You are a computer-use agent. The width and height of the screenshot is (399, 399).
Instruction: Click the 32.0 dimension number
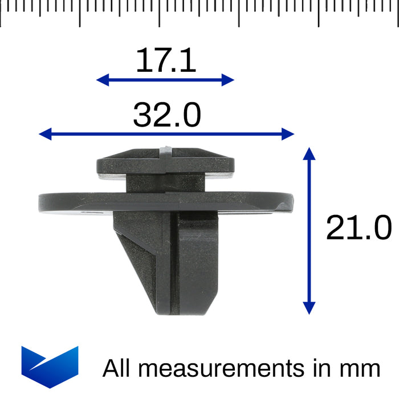(x=166, y=115)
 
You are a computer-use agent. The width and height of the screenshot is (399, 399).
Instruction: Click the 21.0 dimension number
(x=359, y=229)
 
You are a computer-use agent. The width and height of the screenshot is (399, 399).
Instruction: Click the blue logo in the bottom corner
(x=50, y=367)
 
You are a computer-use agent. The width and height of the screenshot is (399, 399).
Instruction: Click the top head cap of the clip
(x=165, y=161)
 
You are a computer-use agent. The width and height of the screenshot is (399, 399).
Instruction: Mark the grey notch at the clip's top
(x=165, y=150)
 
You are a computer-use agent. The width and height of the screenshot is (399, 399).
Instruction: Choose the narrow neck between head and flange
(x=165, y=183)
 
